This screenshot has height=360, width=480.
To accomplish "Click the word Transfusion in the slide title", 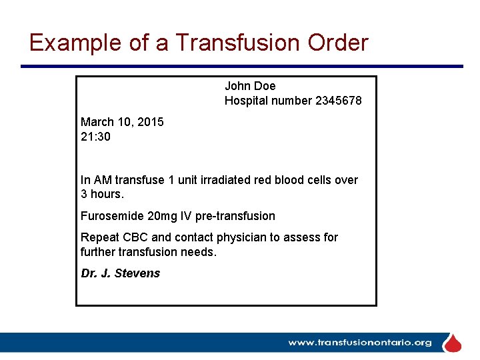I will pyautogui.click(x=237, y=43).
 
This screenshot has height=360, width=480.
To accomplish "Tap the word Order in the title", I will pyautogui.click(x=338, y=43).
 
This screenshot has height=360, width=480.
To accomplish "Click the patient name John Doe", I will pyautogui.click(x=250, y=86).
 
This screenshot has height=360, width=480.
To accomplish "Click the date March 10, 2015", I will pyautogui.click(x=122, y=122).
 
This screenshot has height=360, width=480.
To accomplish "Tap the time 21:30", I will pyautogui.click(x=95, y=137).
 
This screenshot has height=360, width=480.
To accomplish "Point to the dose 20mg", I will pyautogui.click(x=164, y=216).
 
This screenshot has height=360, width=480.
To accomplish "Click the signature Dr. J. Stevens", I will pyautogui.click(x=120, y=273).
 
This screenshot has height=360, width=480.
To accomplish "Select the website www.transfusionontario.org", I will pyautogui.click(x=359, y=343).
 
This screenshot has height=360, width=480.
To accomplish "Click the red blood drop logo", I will pyautogui.click(x=453, y=343).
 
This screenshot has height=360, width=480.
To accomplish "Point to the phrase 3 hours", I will pyautogui.click(x=102, y=195).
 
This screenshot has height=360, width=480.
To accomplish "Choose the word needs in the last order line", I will pyautogui.click(x=199, y=252).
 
